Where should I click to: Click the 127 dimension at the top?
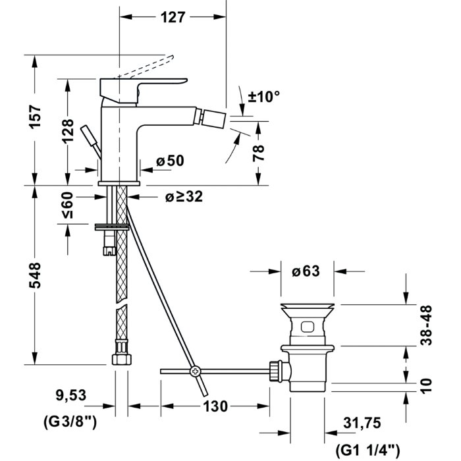click(x=173, y=18)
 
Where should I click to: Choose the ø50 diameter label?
click(x=170, y=160)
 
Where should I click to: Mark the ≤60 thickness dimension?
click(x=68, y=205)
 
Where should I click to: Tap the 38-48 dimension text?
click(x=427, y=324)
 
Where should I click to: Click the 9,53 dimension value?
click(x=70, y=396)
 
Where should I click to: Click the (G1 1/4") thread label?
click(x=367, y=450)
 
